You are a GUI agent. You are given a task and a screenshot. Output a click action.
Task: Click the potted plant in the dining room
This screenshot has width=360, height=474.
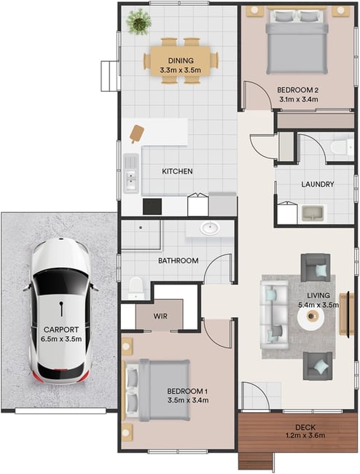pos(138,22)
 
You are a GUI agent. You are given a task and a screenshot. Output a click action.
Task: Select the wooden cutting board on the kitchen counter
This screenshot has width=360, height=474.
pos(136,133)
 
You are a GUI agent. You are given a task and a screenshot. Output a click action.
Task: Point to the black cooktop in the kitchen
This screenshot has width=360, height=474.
pos(152,206)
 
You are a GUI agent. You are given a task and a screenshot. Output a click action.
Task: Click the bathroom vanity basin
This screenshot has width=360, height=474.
pos(210,228)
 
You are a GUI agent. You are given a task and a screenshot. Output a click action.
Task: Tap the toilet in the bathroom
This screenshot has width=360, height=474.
pos(136,288)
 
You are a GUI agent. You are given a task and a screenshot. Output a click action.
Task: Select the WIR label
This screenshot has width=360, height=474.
pos(160,316)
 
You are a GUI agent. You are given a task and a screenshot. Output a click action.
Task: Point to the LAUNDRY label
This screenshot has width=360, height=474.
pos(318,184)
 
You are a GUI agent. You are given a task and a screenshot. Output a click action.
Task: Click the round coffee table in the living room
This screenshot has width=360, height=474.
pos(310,316)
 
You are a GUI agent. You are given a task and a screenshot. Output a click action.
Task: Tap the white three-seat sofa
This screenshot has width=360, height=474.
pos(275,315)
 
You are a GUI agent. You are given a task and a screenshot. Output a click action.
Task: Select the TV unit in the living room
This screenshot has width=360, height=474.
pos(347,314)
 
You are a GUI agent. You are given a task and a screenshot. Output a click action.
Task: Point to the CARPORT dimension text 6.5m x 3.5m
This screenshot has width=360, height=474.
pos(61,339)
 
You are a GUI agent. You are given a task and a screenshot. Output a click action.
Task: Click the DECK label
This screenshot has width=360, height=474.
pos(305,427)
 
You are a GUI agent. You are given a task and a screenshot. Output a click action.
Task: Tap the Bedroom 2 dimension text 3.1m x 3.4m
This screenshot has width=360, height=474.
pos(298,99)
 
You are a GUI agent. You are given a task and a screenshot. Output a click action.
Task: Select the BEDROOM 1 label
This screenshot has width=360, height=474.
pos(187,391)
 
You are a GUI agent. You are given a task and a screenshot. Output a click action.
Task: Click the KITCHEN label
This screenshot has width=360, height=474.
pos(177,171)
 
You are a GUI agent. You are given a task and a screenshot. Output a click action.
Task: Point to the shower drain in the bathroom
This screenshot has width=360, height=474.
pos(141,228)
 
